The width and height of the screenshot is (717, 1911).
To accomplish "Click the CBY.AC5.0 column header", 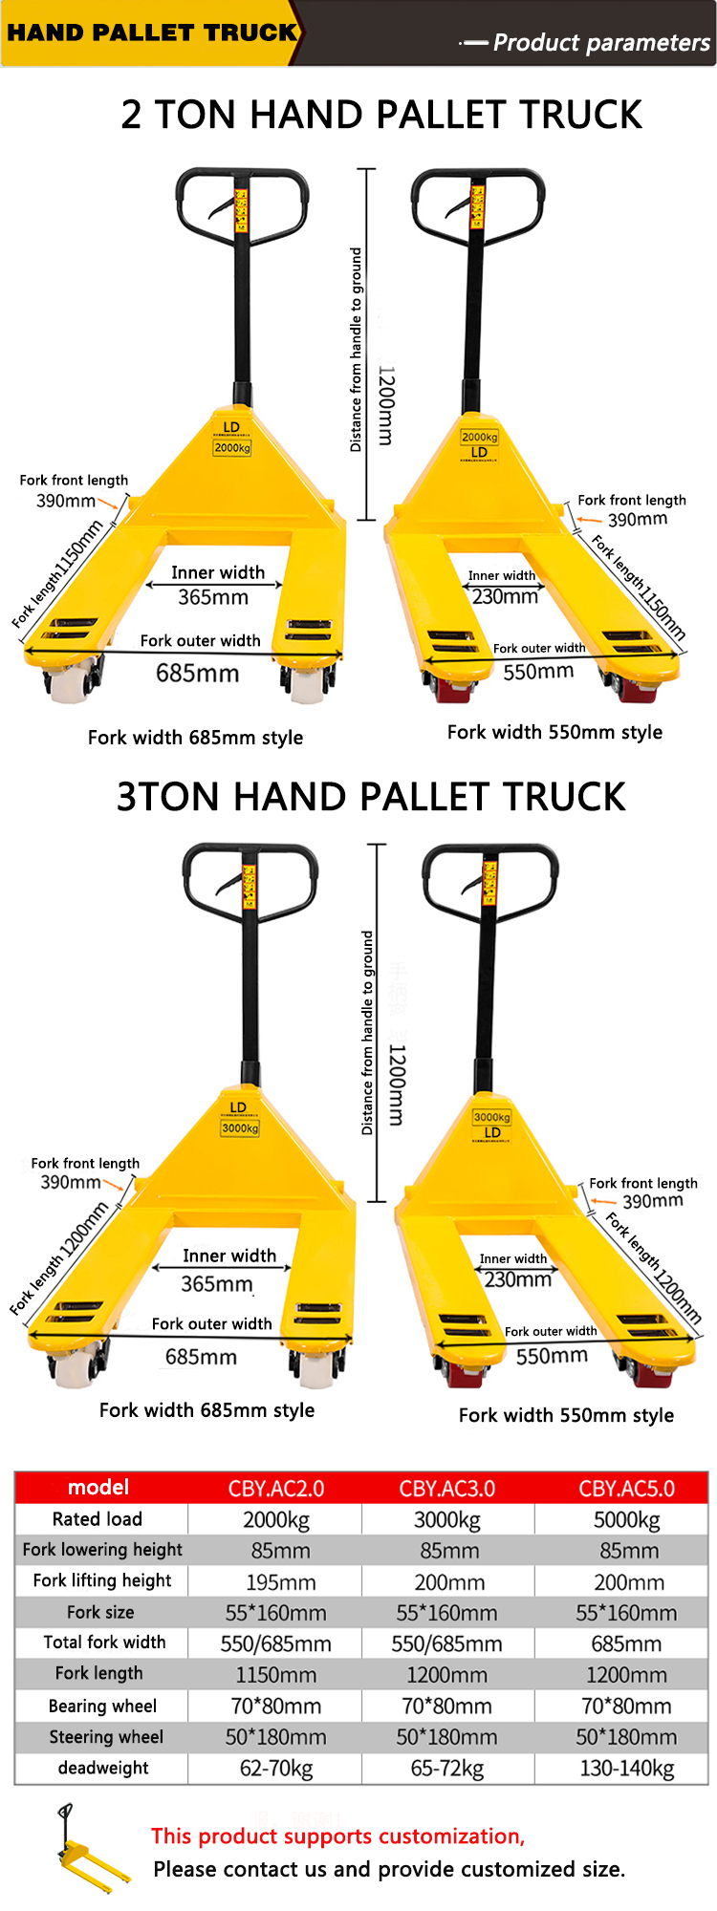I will pyautogui.click(x=626, y=1489).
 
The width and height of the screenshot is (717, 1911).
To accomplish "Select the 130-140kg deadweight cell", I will pyautogui.click(x=626, y=1769).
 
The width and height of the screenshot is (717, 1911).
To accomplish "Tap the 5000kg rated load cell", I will pyautogui.click(x=626, y=1520).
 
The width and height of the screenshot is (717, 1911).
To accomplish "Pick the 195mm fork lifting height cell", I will pyautogui.click(x=280, y=1582).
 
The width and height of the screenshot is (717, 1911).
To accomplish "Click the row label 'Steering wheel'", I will pyautogui.click(x=106, y=1737).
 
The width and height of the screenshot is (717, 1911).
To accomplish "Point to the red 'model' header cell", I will pyautogui.click(x=98, y=1488).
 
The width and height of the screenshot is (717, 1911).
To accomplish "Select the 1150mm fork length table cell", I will pyautogui.click(x=275, y=1675).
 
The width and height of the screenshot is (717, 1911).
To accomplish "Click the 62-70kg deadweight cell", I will pyautogui.click(x=275, y=1769).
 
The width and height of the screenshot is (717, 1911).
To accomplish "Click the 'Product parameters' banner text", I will pyautogui.click(x=600, y=43).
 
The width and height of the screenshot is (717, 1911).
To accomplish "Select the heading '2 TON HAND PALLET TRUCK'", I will pyautogui.click(x=380, y=115).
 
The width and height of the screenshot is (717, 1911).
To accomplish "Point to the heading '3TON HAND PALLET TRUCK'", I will pyautogui.click(x=371, y=797).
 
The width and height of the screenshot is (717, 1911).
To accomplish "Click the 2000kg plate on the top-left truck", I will pyautogui.click(x=232, y=447).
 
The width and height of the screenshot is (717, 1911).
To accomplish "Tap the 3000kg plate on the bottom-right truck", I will pyautogui.click(x=491, y=1117).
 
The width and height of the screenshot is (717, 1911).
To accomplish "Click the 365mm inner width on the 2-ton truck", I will pyautogui.click(x=213, y=597).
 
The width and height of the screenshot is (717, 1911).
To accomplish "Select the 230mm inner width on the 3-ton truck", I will pyautogui.click(x=517, y=1279).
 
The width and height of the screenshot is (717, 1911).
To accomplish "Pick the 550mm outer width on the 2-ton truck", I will pyautogui.click(x=538, y=672).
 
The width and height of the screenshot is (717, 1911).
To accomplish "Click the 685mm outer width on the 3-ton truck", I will pyautogui.click(x=201, y=1357).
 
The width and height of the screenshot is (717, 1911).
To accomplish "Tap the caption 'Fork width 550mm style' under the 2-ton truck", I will pyautogui.click(x=554, y=732).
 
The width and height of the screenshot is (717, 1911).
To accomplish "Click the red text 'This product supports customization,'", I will pyautogui.click(x=337, y=1836).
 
